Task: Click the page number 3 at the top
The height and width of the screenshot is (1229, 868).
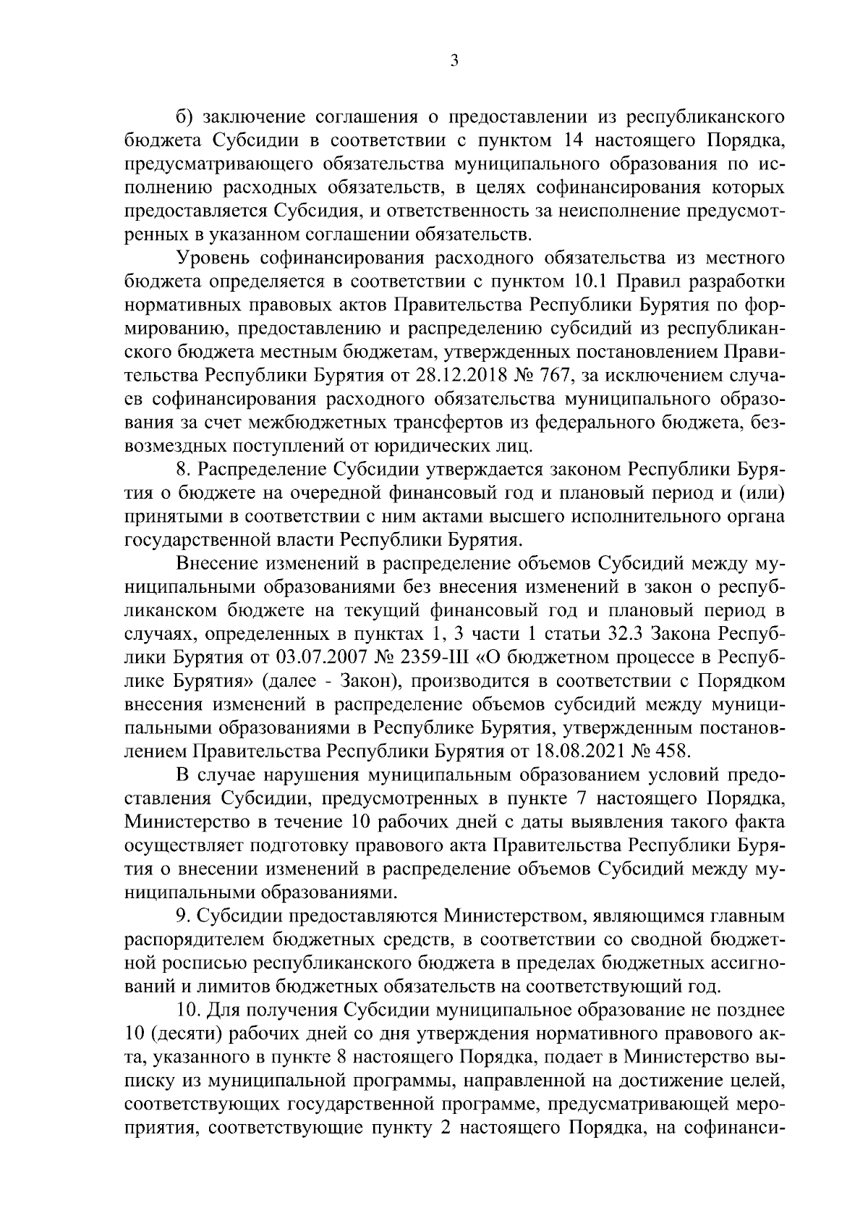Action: [x=454, y=62]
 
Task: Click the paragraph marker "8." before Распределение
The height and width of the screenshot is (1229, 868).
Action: [x=184, y=470]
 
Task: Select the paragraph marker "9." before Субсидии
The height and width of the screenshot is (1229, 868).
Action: [x=184, y=916]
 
